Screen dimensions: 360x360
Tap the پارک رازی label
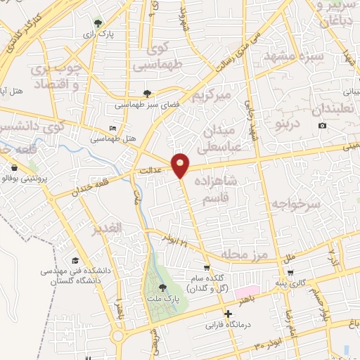tap(94, 34)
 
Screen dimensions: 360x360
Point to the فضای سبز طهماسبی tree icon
tap(146, 93)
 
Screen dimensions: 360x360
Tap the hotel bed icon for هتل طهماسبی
tap(112, 129)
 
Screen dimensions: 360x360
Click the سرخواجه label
tap(298, 204)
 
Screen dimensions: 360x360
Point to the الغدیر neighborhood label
tap(108, 229)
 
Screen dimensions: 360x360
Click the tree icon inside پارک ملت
tap(163, 288)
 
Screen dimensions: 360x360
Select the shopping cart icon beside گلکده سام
tap(206, 268)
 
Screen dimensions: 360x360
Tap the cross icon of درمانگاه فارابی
tap(226, 314)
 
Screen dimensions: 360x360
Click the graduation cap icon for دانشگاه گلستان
tap(75, 261)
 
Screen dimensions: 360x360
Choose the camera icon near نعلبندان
tap(322, 125)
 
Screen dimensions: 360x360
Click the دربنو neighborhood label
tap(271, 125)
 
